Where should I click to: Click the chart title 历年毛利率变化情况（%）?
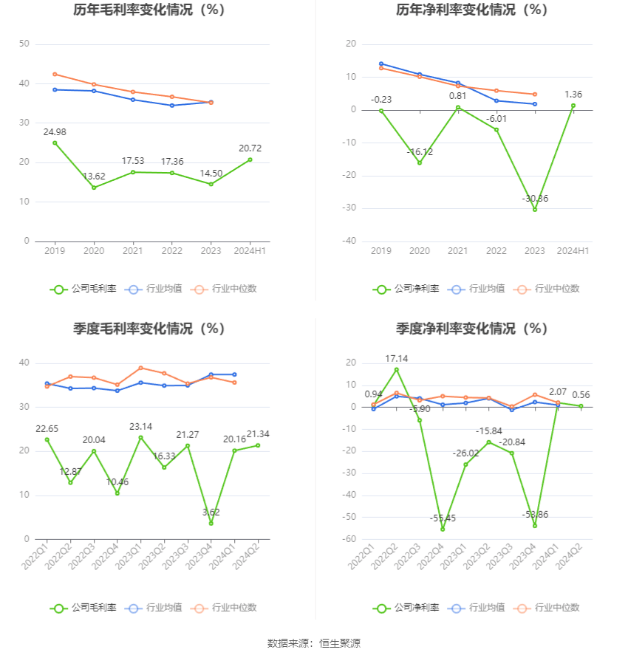pos(149,10)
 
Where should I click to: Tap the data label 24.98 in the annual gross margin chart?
pos(55,132)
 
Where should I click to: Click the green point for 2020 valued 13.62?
pos(93,188)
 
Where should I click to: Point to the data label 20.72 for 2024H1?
pos(250,148)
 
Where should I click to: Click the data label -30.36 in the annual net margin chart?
pos(534,199)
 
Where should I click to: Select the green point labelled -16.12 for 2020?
pos(420,163)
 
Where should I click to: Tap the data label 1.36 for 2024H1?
pos(573,95)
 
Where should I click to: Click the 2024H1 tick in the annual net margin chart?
pos(573,251)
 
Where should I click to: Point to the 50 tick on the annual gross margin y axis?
pos(24,44)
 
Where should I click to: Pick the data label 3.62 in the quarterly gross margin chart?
pos(211,512)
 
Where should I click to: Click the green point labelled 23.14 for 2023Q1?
pos(140,437)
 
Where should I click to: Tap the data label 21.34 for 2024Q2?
pos(257,434)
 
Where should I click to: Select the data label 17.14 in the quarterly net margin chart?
pos(396,359)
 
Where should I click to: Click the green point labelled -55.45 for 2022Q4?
pos(443,529)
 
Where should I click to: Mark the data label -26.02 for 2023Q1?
pos(465,453)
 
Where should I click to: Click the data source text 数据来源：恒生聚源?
pos(314,643)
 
